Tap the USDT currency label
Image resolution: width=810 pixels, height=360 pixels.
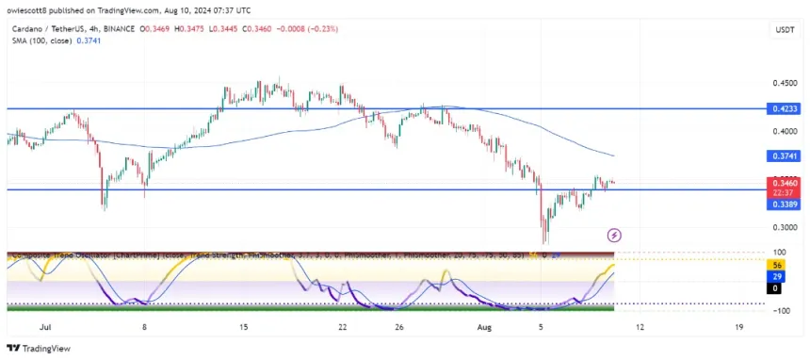tap(784, 29)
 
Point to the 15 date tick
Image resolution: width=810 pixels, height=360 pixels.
tap(243, 326)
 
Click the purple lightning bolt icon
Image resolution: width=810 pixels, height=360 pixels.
tap(614, 235)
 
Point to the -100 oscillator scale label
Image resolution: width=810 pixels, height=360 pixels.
tap(780, 310)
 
